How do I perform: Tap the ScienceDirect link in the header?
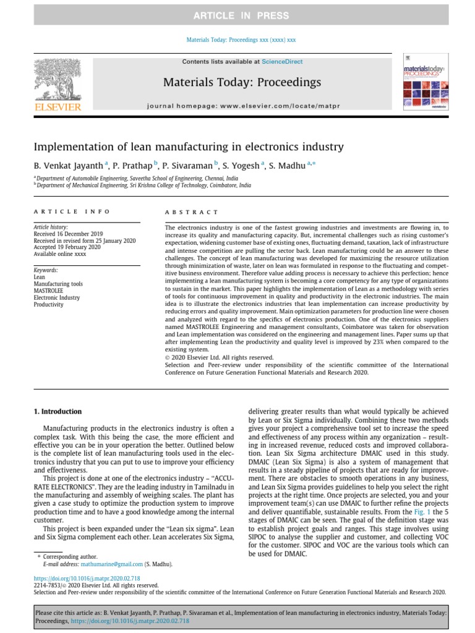(x=282, y=62)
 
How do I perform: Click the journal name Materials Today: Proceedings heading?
(x=242, y=82)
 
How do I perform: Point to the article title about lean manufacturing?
(x=188, y=147)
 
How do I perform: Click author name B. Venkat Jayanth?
(x=69, y=165)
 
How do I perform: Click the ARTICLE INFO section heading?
(x=72, y=212)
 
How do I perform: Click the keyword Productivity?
(x=48, y=304)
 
